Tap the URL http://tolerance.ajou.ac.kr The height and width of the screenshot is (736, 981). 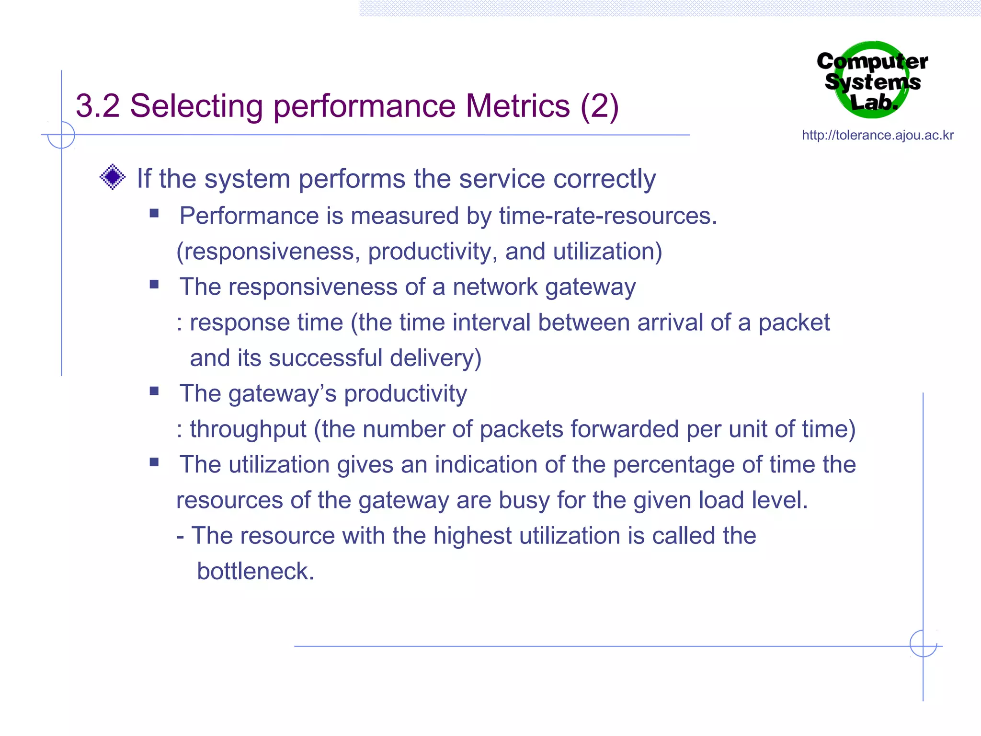(x=878, y=135)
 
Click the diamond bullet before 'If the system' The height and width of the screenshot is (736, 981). (x=113, y=177)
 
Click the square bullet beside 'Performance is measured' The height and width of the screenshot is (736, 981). (x=154, y=213)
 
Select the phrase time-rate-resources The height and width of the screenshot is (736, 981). (x=607, y=216)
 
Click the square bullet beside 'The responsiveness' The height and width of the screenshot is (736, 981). (x=154, y=284)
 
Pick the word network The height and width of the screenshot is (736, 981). (x=495, y=287)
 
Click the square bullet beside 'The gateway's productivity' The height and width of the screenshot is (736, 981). (x=154, y=391)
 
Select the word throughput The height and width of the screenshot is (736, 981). (x=248, y=429)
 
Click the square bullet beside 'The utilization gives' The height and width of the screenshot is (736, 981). (x=154, y=462)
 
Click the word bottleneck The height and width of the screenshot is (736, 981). (x=255, y=571)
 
